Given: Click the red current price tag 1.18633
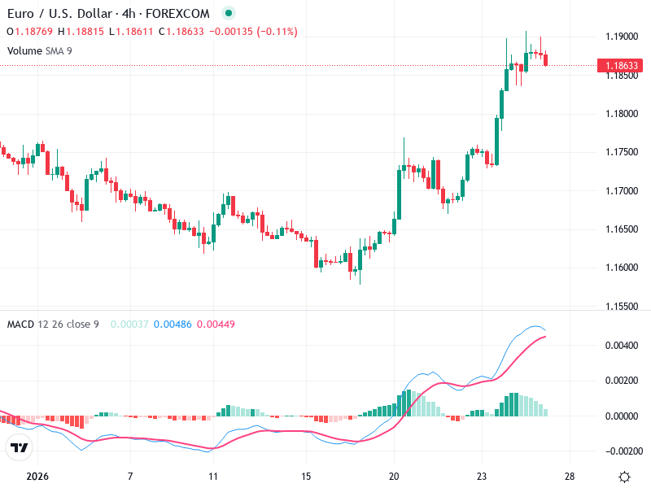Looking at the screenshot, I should coord(616,65).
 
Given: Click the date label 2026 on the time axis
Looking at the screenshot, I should coord(37,476).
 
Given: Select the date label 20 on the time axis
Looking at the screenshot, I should coord(394,476).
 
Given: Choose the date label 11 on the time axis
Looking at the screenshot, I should coord(212,476).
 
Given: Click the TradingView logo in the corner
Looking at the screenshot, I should coord(20,447).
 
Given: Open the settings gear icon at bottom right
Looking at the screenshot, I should coord(624,477).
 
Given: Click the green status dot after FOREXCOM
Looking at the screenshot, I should coord(229,13).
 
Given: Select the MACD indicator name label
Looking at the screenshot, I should coord(20,325).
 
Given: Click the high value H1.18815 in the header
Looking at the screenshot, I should coord(87,32).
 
